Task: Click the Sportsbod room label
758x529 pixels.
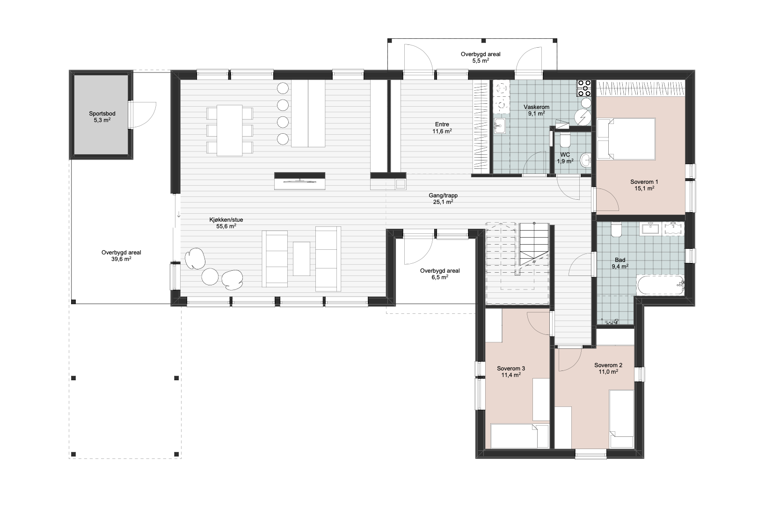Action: pos(102,114)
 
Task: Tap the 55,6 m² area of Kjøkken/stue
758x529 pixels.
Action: pos(226,226)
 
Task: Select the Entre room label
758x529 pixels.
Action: pos(442,124)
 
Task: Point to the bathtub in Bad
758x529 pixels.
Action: pos(661,285)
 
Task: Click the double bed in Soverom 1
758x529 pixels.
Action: pos(626,138)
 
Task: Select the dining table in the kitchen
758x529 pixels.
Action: pos(229,130)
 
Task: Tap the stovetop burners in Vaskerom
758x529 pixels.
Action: pos(584,88)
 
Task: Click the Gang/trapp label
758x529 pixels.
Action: pos(443,196)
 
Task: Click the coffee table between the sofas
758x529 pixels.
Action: pos(301,259)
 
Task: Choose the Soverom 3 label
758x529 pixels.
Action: pos(511,369)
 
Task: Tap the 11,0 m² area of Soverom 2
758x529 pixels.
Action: pos(608,372)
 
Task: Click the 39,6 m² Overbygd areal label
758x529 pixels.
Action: pos(121,259)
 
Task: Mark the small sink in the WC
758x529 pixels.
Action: pos(586,160)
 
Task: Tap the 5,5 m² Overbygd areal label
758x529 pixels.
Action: pos(481,61)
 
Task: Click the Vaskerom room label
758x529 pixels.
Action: pos(536,107)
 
